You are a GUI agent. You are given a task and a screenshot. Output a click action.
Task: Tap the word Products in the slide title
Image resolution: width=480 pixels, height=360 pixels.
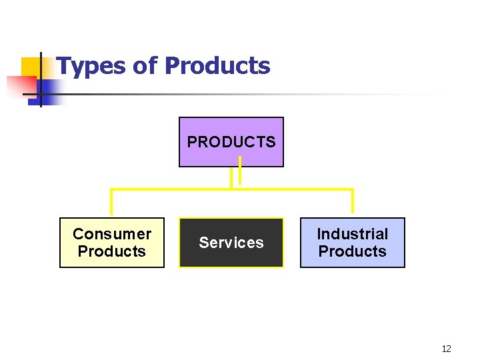tap(217, 66)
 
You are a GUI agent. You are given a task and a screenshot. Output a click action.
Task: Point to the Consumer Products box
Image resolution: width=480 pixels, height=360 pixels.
tap(112, 243)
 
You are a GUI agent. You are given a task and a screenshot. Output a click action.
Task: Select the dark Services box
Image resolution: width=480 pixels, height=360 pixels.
tap(231, 243)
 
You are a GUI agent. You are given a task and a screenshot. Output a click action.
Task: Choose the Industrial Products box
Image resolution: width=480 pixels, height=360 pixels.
tap(352, 243)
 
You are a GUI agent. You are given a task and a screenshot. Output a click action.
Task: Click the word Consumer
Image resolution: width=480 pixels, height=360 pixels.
tap(112, 234)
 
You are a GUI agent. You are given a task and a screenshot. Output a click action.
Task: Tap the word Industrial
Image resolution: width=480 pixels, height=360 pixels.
tap(352, 234)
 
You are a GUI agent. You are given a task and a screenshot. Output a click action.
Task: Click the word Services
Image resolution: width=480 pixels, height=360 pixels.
tap(231, 243)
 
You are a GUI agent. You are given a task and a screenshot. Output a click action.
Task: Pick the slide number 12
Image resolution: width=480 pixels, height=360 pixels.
tap(446, 349)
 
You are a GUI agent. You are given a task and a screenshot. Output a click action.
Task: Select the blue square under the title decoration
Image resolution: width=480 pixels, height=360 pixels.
tap(49, 90)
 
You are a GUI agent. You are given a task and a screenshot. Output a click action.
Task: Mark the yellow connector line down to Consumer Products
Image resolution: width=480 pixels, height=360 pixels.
tap(111, 203)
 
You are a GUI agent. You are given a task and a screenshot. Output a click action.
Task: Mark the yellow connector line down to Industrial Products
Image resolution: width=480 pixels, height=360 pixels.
tap(352, 203)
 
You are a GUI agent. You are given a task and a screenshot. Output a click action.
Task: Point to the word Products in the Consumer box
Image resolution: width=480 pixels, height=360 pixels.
tap(112, 251)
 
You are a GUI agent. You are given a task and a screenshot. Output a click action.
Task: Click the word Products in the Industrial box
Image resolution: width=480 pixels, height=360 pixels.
tap(352, 251)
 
